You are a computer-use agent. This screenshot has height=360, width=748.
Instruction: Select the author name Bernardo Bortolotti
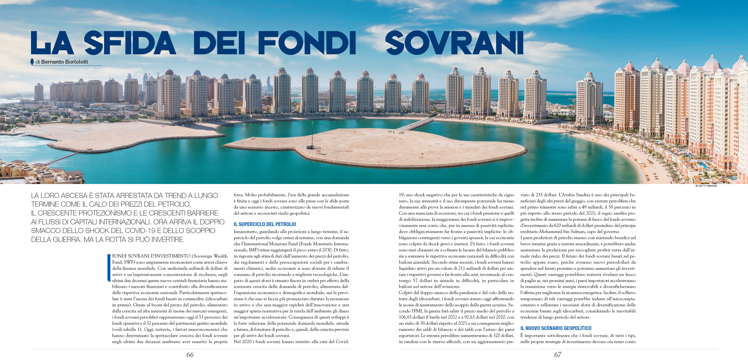[x=64, y=62]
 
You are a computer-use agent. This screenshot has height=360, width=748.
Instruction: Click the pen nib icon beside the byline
[x=32, y=62]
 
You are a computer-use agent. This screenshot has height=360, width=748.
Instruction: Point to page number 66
[x=190, y=355]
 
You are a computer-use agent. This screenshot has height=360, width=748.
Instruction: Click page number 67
[x=558, y=355]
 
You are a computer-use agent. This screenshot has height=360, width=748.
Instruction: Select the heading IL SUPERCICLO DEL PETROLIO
[x=265, y=224]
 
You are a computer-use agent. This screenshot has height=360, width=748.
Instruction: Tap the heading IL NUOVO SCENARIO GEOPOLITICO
[x=556, y=328]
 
